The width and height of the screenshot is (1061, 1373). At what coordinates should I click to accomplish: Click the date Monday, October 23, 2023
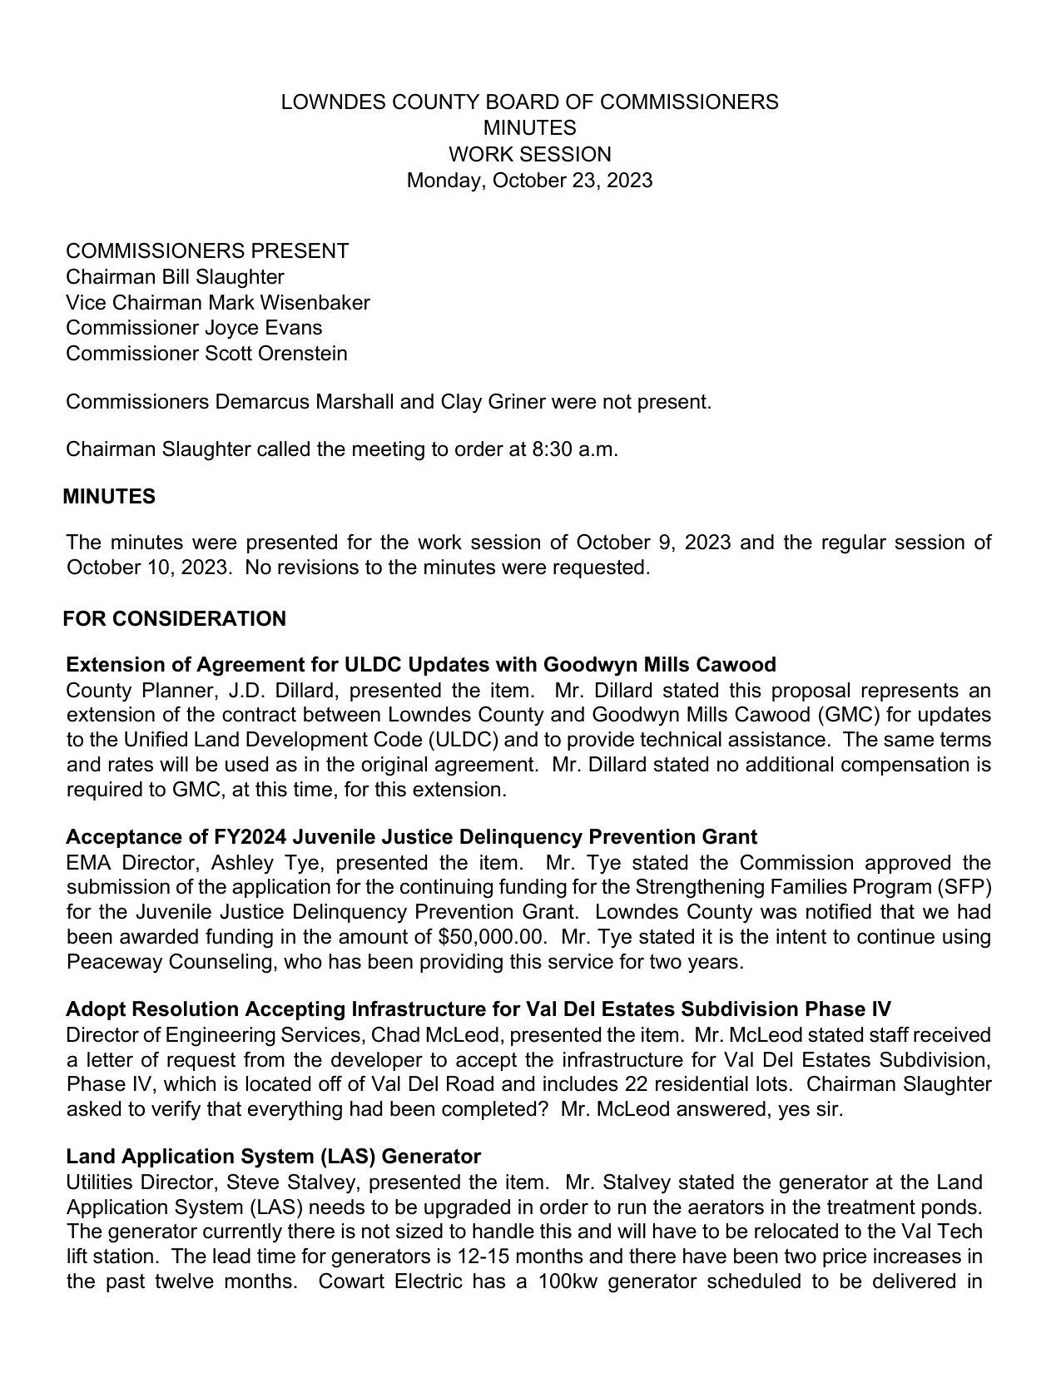(x=529, y=181)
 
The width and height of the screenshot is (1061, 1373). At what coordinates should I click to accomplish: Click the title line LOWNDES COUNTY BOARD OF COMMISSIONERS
(x=529, y=102)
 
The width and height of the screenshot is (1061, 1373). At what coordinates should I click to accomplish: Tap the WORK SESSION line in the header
(x=529, y=155)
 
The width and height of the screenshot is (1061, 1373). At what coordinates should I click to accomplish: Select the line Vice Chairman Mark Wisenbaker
(x=217, y=303)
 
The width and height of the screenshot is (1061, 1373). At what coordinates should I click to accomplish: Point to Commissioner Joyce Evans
(x=194, y=328)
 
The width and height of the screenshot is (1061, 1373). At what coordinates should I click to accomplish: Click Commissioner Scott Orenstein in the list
(x=206, y=354)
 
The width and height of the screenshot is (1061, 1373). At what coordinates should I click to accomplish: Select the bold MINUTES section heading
(x=109, y=497)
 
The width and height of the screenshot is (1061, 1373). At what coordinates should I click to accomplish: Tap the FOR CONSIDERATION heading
(x=174, y=619)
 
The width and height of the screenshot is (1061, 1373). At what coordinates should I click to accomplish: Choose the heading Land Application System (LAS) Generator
(x=273, y=1157)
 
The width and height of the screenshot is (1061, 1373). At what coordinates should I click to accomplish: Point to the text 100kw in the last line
(x=568, y=1281)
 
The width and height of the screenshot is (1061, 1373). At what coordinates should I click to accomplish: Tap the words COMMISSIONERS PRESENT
(x=207, y=251)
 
